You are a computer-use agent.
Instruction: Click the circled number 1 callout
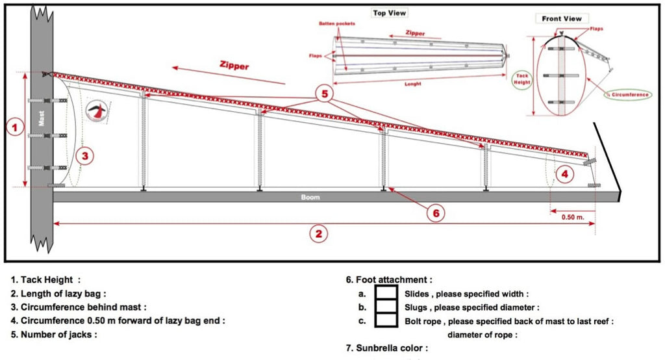pyautogui.click(x=14, y=127)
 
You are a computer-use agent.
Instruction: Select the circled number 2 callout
pyautogui.click(x=318, y=234)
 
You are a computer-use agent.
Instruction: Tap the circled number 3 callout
pyautogui.click(x=84, y=156)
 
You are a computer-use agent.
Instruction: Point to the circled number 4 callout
pyautogui.click(x=564, y=174)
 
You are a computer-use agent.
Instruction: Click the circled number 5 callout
pyautogui.click(x=324, y=94)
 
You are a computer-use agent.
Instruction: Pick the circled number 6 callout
pyautogui.click(x=436, y=212)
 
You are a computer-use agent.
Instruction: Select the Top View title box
pyautogui.click(x=389, y=13)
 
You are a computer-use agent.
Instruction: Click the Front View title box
pyautogui.click(x=562, y=18)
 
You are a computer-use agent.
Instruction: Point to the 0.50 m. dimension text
pyautogui.click(x=573, y=217)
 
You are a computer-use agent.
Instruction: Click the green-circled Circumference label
pyautogui.click(x=630, y=95)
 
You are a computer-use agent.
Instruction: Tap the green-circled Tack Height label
pyautogui.click(x=523, y=79)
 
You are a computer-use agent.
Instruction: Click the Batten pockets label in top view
pyautogui.click(x=337, y=23)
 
